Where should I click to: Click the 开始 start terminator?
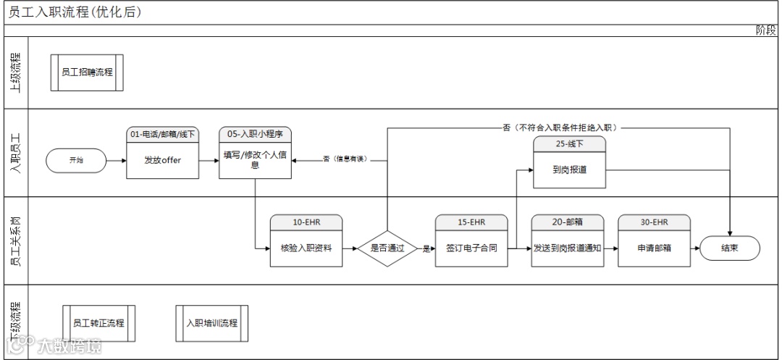(x=76, y=161)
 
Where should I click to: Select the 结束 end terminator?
(x=729, y=248)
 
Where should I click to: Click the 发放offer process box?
(x=163, y=161)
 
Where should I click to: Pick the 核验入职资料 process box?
(x=306, y=248)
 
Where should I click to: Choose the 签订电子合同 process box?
(x=471, y=248)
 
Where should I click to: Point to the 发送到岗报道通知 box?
(x=568, y=248)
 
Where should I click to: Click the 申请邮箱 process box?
(x=654, y=248)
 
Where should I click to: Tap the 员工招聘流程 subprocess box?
(x=87, y=72)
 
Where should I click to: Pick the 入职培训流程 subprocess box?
(x=212, y=323)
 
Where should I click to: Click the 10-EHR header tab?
(x=306, y=221)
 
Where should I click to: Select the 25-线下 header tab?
(x=569, y=143)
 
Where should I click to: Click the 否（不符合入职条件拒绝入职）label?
(x=561, y=127)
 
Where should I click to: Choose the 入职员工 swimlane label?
(x=14, y=153)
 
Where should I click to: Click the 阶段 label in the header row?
(x=765, y=30)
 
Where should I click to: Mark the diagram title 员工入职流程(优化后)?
(x=75, y=12)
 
